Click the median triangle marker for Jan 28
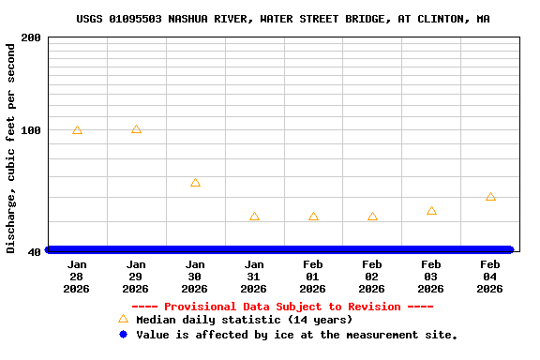[77, 130]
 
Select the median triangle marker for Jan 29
[136, 129]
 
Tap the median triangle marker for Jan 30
[195, 183]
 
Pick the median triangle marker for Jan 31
[254, 217]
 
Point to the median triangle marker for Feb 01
[313, 217]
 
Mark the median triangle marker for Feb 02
[372, 217]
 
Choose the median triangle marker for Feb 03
[431, 211]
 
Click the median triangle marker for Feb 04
[490, 197]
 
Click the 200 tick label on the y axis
[31, 37]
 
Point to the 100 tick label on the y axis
[31, 130]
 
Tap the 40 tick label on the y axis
[35, 251]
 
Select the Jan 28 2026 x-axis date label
[77, 277]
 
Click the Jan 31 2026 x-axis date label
[254, 277]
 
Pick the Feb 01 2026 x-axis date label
[313, 277]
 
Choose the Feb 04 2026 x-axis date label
[490, 277]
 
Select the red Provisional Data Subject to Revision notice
[282, 307]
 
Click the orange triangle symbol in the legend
[123, 320]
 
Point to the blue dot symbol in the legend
[123, 334]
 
